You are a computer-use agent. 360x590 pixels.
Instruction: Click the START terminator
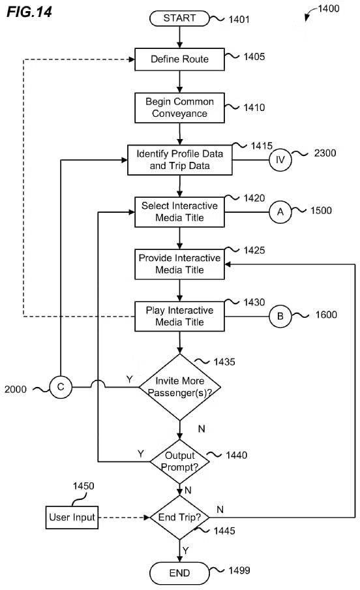point(179,18)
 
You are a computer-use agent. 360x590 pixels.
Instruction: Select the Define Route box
point(179,59)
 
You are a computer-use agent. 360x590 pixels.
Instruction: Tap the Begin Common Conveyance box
point(179,108)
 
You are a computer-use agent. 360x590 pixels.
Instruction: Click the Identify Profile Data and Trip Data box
point(179,160)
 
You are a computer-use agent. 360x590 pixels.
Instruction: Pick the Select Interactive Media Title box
point(179,212)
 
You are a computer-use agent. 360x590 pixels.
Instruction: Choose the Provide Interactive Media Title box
point(179,264)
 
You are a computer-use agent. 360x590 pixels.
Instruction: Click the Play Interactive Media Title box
point(179,317)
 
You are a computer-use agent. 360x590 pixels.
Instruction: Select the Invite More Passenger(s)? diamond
point(180,387)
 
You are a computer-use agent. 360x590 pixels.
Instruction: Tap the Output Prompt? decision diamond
point(180,461)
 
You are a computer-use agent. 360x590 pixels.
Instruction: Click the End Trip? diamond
point(180,518)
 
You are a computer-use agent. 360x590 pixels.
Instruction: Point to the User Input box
point(72,518)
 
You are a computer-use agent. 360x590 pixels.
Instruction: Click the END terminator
point(179,573)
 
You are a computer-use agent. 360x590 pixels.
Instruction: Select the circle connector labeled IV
point(280,160)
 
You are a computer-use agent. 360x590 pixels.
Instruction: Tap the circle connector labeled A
point(280,212)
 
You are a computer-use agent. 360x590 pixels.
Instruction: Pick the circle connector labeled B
point(280,317)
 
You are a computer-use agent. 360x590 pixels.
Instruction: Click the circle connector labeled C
point(61,387)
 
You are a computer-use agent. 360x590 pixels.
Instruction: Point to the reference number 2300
point(325,153)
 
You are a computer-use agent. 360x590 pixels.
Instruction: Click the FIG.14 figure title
point(29,12)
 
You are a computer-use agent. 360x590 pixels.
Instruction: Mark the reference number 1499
point(239,570)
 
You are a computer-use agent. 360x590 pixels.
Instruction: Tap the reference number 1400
point(329,8)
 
